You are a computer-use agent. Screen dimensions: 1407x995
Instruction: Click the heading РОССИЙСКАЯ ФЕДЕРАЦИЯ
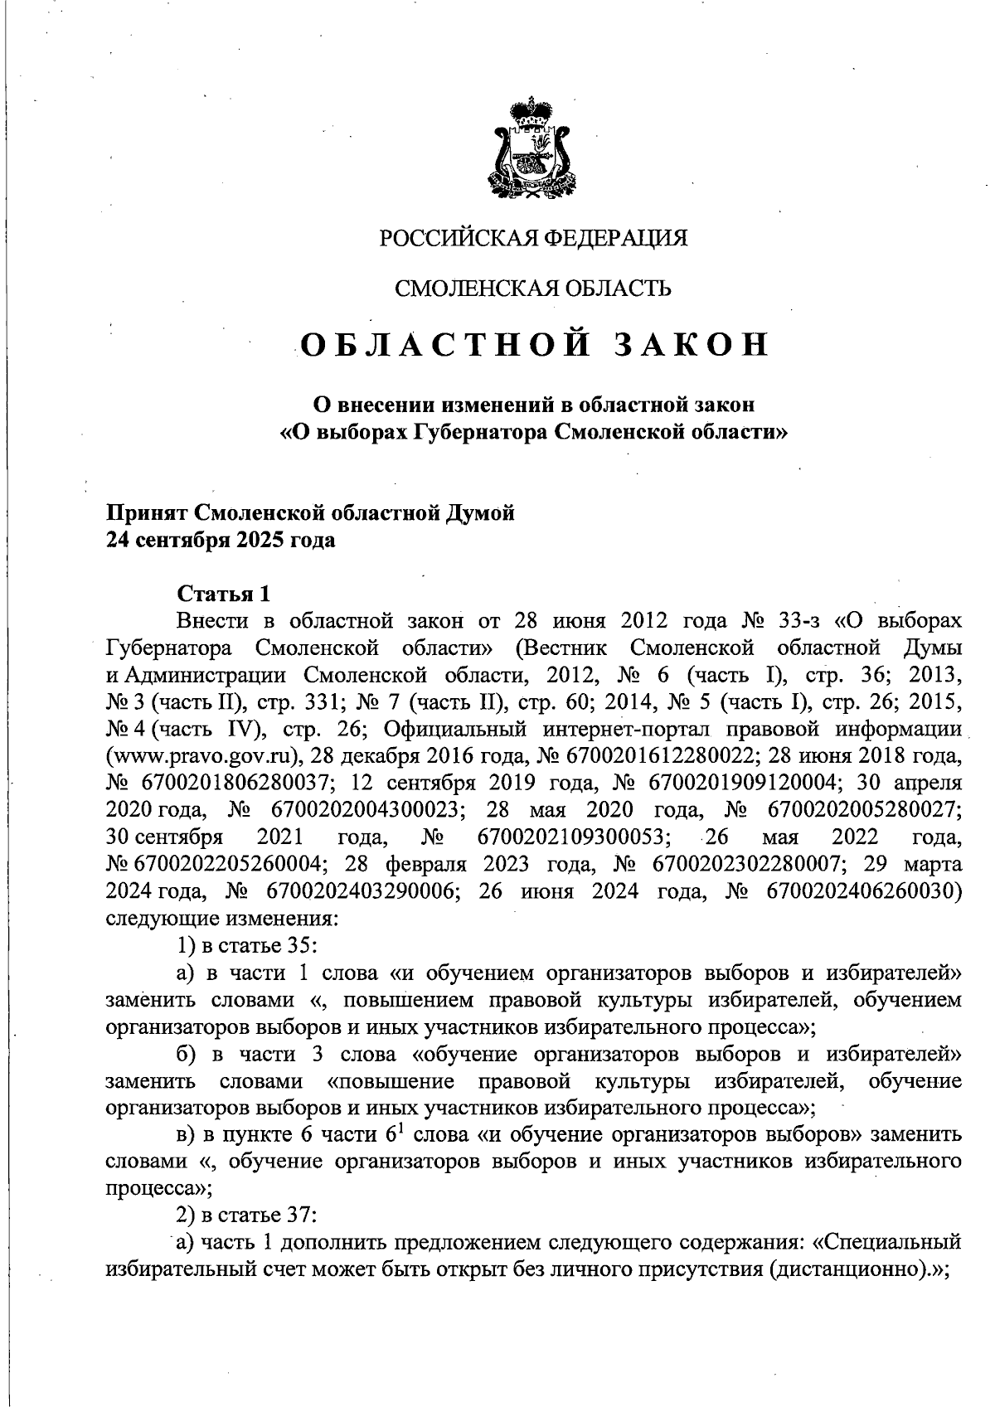pos(533,238)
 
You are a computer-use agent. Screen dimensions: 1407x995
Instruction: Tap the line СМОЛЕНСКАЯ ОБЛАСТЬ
pos(532,289)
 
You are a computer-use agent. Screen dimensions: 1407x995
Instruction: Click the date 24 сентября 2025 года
pos(221,541)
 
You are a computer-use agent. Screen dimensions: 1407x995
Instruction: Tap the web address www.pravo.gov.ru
pos(207,756)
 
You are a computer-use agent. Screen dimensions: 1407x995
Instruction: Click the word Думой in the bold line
pos(481,513)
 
